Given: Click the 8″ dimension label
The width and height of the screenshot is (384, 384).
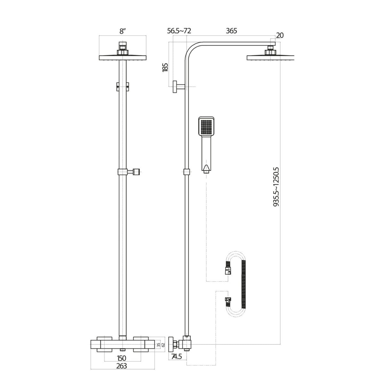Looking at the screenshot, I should click(123, 31).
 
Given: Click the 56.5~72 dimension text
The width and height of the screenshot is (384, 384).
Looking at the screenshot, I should click(179, 31).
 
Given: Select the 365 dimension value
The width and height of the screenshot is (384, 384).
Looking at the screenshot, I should click(231, 31).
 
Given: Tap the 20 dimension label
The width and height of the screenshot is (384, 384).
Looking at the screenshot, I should click(279, 36).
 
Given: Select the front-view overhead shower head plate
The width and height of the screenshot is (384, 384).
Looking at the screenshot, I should click(123, 57).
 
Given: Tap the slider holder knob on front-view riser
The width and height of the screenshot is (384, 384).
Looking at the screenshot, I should click(137, 172).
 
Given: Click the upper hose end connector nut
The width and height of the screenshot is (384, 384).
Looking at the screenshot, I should click(228, 270).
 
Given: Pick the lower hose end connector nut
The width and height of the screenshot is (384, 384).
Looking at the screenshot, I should click(228, 300).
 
